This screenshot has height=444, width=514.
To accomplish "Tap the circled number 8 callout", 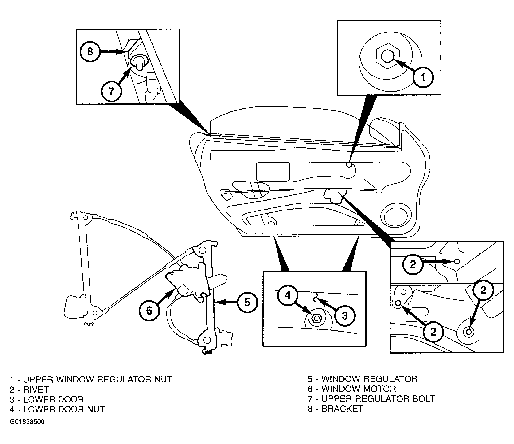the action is (x=90, y=51).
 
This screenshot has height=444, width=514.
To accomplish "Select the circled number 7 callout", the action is (x=111, y=91).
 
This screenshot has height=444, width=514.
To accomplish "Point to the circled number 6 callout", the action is (x=149, y=310).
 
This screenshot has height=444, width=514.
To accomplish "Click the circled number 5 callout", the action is (x=247, y=302).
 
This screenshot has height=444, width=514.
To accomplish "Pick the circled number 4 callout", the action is (x=288, y=295).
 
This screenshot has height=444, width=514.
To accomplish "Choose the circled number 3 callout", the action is (x=345, y=316).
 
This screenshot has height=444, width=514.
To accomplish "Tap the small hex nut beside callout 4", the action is (x=316, y=318).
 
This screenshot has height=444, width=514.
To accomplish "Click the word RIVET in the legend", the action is (x=36, y=389).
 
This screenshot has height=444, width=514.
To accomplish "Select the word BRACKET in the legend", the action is (x=342, y=409).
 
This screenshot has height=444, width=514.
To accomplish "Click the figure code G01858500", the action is (x=27, y=422).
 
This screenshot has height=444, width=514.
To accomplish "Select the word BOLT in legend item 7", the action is (x=421, y=399).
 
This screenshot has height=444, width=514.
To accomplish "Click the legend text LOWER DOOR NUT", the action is (x=64, y=409).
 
